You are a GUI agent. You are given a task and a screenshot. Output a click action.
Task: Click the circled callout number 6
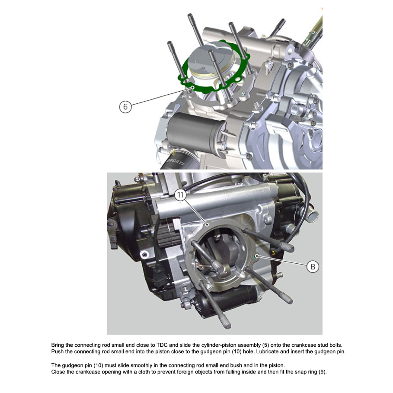click(x=125, y=107)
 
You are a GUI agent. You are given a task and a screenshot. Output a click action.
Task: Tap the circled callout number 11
click(x=180, y=195)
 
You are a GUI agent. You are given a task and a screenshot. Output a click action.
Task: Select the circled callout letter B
click(x=313, y=266)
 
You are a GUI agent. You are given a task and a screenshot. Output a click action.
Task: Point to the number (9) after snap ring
click(x=323, y=372)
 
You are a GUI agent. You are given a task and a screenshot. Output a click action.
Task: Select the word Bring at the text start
click(x=58, y=345)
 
